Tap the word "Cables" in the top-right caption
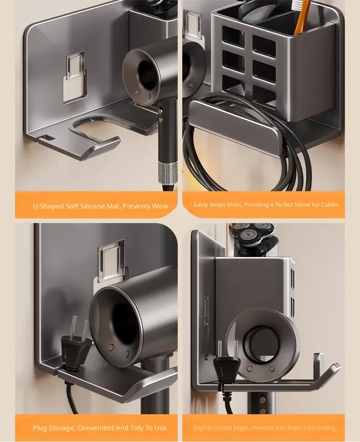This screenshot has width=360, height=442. (x=330, y=205)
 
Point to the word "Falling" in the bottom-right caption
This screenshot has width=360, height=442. (x=326, y=428)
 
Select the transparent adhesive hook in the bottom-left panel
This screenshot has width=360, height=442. (x=112, y=261)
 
